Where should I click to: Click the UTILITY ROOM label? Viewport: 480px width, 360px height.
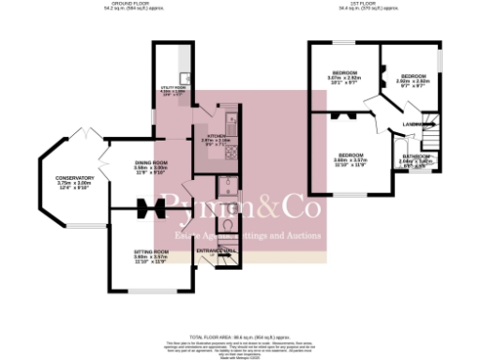(x=176, y=86)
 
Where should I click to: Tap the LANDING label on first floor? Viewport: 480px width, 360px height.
(x=411, y=125)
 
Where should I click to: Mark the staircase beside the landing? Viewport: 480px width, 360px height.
(x=432, y=131)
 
